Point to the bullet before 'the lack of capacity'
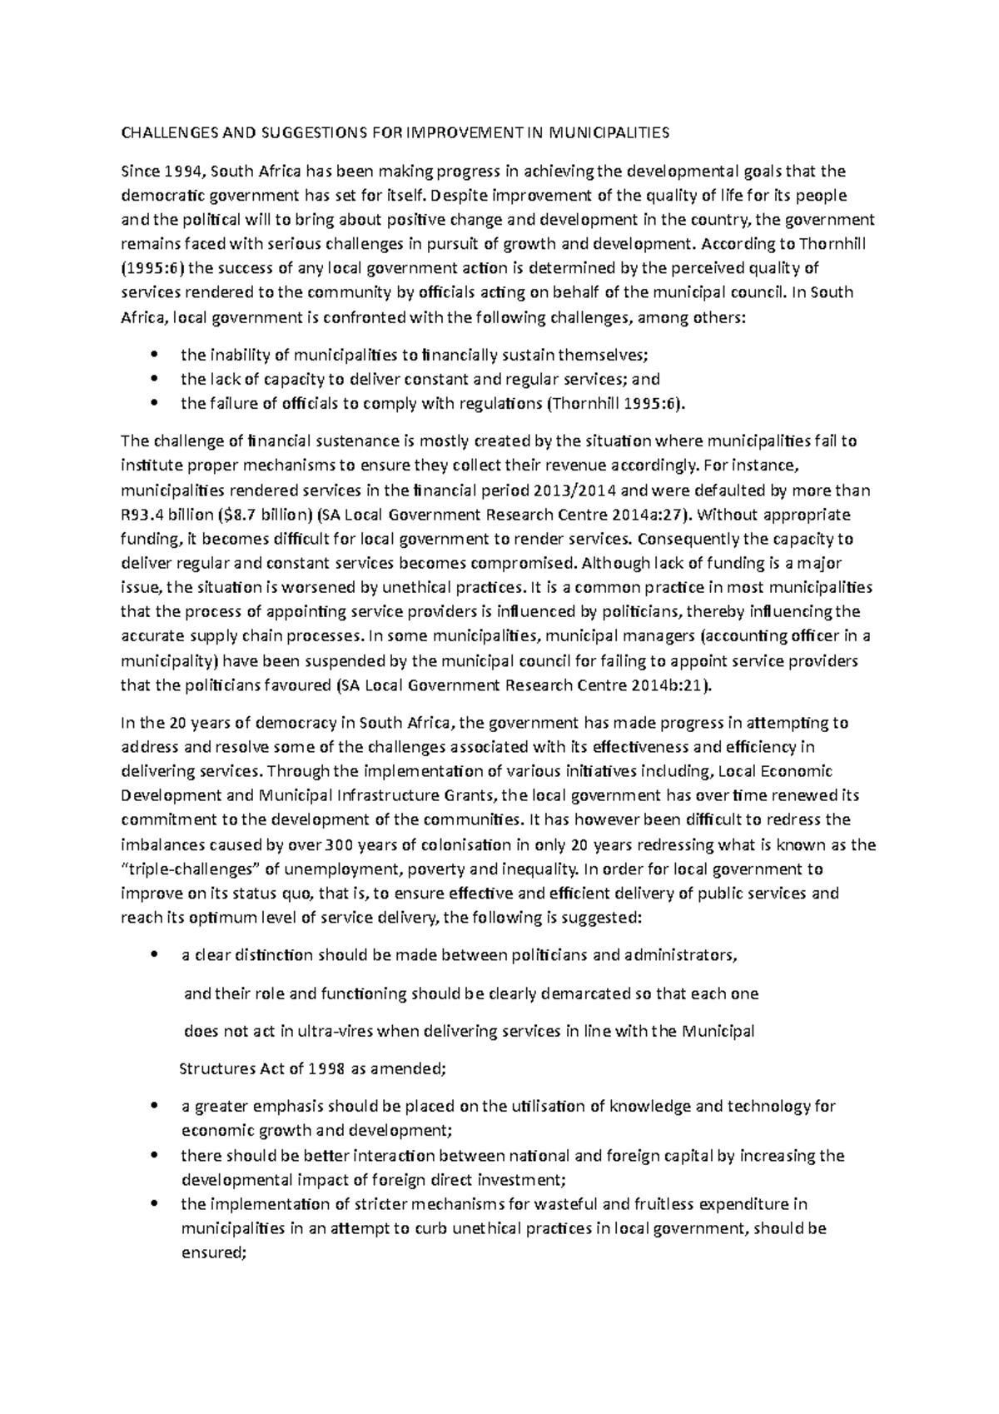tap(151, 380)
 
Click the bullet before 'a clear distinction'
tap(151, 956)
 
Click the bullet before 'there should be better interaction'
tap(151, 1156)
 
